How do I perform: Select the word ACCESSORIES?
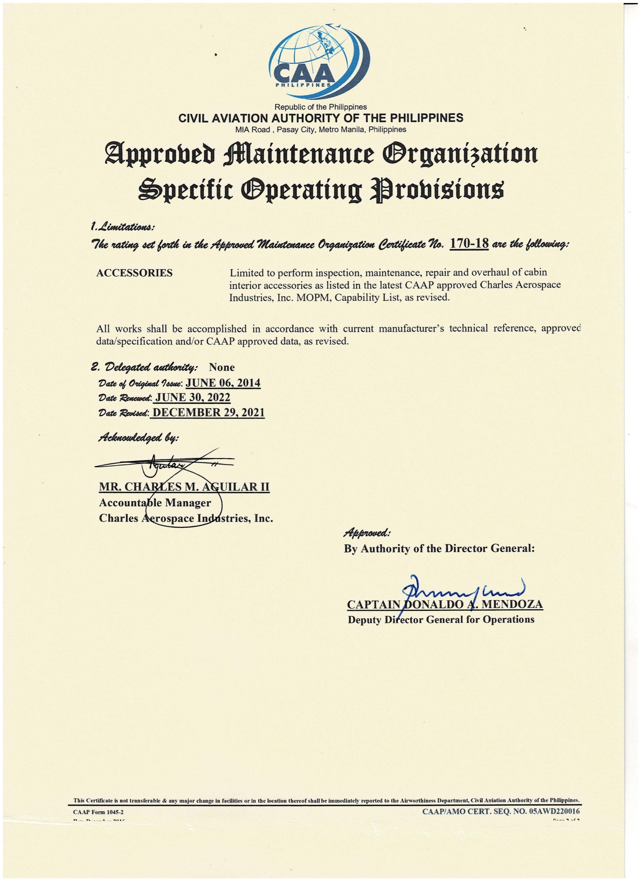134,273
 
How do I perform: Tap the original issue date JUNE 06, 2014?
223,383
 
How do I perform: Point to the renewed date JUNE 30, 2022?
193,397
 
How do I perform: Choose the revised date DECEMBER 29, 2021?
208,412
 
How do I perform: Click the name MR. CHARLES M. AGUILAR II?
184,487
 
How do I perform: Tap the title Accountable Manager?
155,503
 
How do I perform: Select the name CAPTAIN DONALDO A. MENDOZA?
445,604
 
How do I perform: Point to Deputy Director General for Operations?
441,619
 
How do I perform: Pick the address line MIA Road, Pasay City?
320,130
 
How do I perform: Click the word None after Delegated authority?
222,367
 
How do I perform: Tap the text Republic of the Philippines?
320,107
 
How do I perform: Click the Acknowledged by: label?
139,437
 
